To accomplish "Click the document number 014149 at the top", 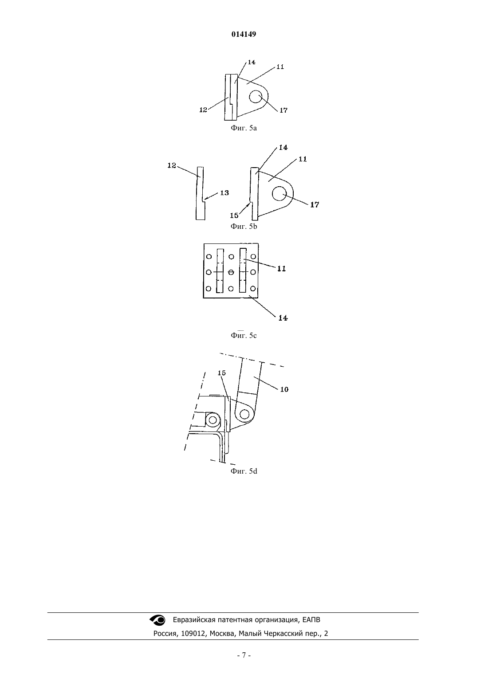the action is (x=244, y=34).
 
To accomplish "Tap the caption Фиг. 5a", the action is (x=244, y=128).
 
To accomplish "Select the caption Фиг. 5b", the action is (x=244, y=227).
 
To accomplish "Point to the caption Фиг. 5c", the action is (x=244, y=335).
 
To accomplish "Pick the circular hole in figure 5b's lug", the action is (x=279, y=193).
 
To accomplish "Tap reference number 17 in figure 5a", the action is (x=283, y=110).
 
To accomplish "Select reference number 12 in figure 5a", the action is (x=203, y=110).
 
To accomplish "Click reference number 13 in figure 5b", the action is (x=224, y=193).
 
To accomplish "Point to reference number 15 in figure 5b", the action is (x=234, y=216).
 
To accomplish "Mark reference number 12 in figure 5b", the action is (x=172, y=165).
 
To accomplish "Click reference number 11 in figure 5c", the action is (x=282, y=269).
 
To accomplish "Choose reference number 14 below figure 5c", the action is (x=283, y=318).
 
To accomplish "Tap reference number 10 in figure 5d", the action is (x=284, y=389).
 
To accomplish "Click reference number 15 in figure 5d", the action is (x=222, y=373).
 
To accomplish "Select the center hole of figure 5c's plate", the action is (x=231, y=272).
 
